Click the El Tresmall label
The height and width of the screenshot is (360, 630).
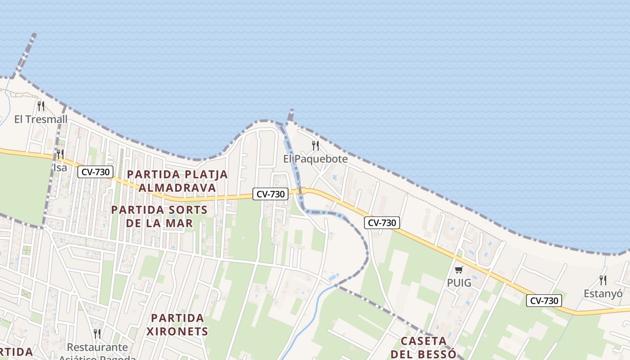coord(41,119)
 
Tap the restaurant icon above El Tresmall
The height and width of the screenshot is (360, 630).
coord(41,106)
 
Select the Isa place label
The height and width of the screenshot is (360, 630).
coord(60,168)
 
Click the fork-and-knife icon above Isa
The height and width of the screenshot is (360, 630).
coord(60,154)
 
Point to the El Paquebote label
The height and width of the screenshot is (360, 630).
coord(315,159)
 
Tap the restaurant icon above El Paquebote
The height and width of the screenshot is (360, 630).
coord(315,145)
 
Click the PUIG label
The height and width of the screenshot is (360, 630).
coord(459,283)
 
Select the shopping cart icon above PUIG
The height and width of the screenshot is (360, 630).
coord(459,270)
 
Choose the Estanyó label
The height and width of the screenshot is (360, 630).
coord(603,294)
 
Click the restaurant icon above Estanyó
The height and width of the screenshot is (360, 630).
coord(603,280)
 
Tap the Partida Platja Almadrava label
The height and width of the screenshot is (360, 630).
coord(177,181)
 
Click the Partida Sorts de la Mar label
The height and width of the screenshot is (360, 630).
coord(159,216)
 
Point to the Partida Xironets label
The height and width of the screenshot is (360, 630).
coord(177,325)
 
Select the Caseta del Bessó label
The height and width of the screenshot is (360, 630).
coord(423,347)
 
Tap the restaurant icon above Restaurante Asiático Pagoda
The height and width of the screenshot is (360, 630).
coord(97,333)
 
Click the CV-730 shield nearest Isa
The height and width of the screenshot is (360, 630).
coord(95,171)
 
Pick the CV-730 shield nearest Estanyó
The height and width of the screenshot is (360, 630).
coord(544,301)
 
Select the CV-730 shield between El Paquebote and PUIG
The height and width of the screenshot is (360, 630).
coord(382,222)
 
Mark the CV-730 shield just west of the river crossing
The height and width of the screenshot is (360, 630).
coord(270,194)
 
